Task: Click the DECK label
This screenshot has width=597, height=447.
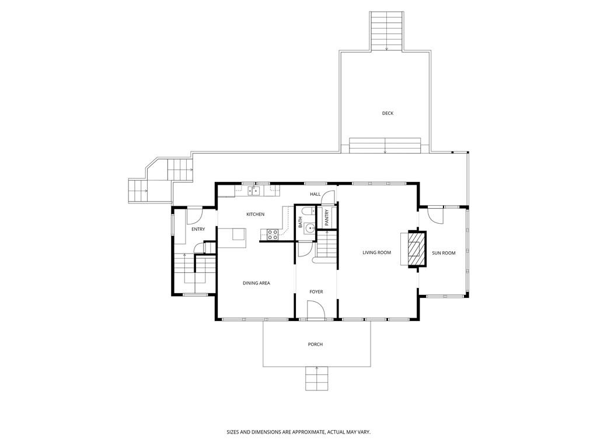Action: coord(387,113)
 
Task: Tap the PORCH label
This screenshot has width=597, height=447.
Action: coord(315,344)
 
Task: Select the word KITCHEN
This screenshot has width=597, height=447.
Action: coord(255,214)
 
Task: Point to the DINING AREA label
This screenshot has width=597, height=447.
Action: coord(256,283)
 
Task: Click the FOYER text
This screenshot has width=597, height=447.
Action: coord(316,292)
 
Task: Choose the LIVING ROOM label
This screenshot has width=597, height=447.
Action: coord(376,253)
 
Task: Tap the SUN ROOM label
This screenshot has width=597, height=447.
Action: coord(444,253)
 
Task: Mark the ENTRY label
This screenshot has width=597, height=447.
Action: coord(198,229)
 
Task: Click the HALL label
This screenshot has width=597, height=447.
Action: coord(315,194)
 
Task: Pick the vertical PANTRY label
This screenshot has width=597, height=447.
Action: coord(327,217)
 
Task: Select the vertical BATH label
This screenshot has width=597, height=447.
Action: coord(301,221)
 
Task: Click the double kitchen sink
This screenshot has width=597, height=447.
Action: coord(253,190)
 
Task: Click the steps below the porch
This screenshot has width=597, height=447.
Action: coord(316,379)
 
